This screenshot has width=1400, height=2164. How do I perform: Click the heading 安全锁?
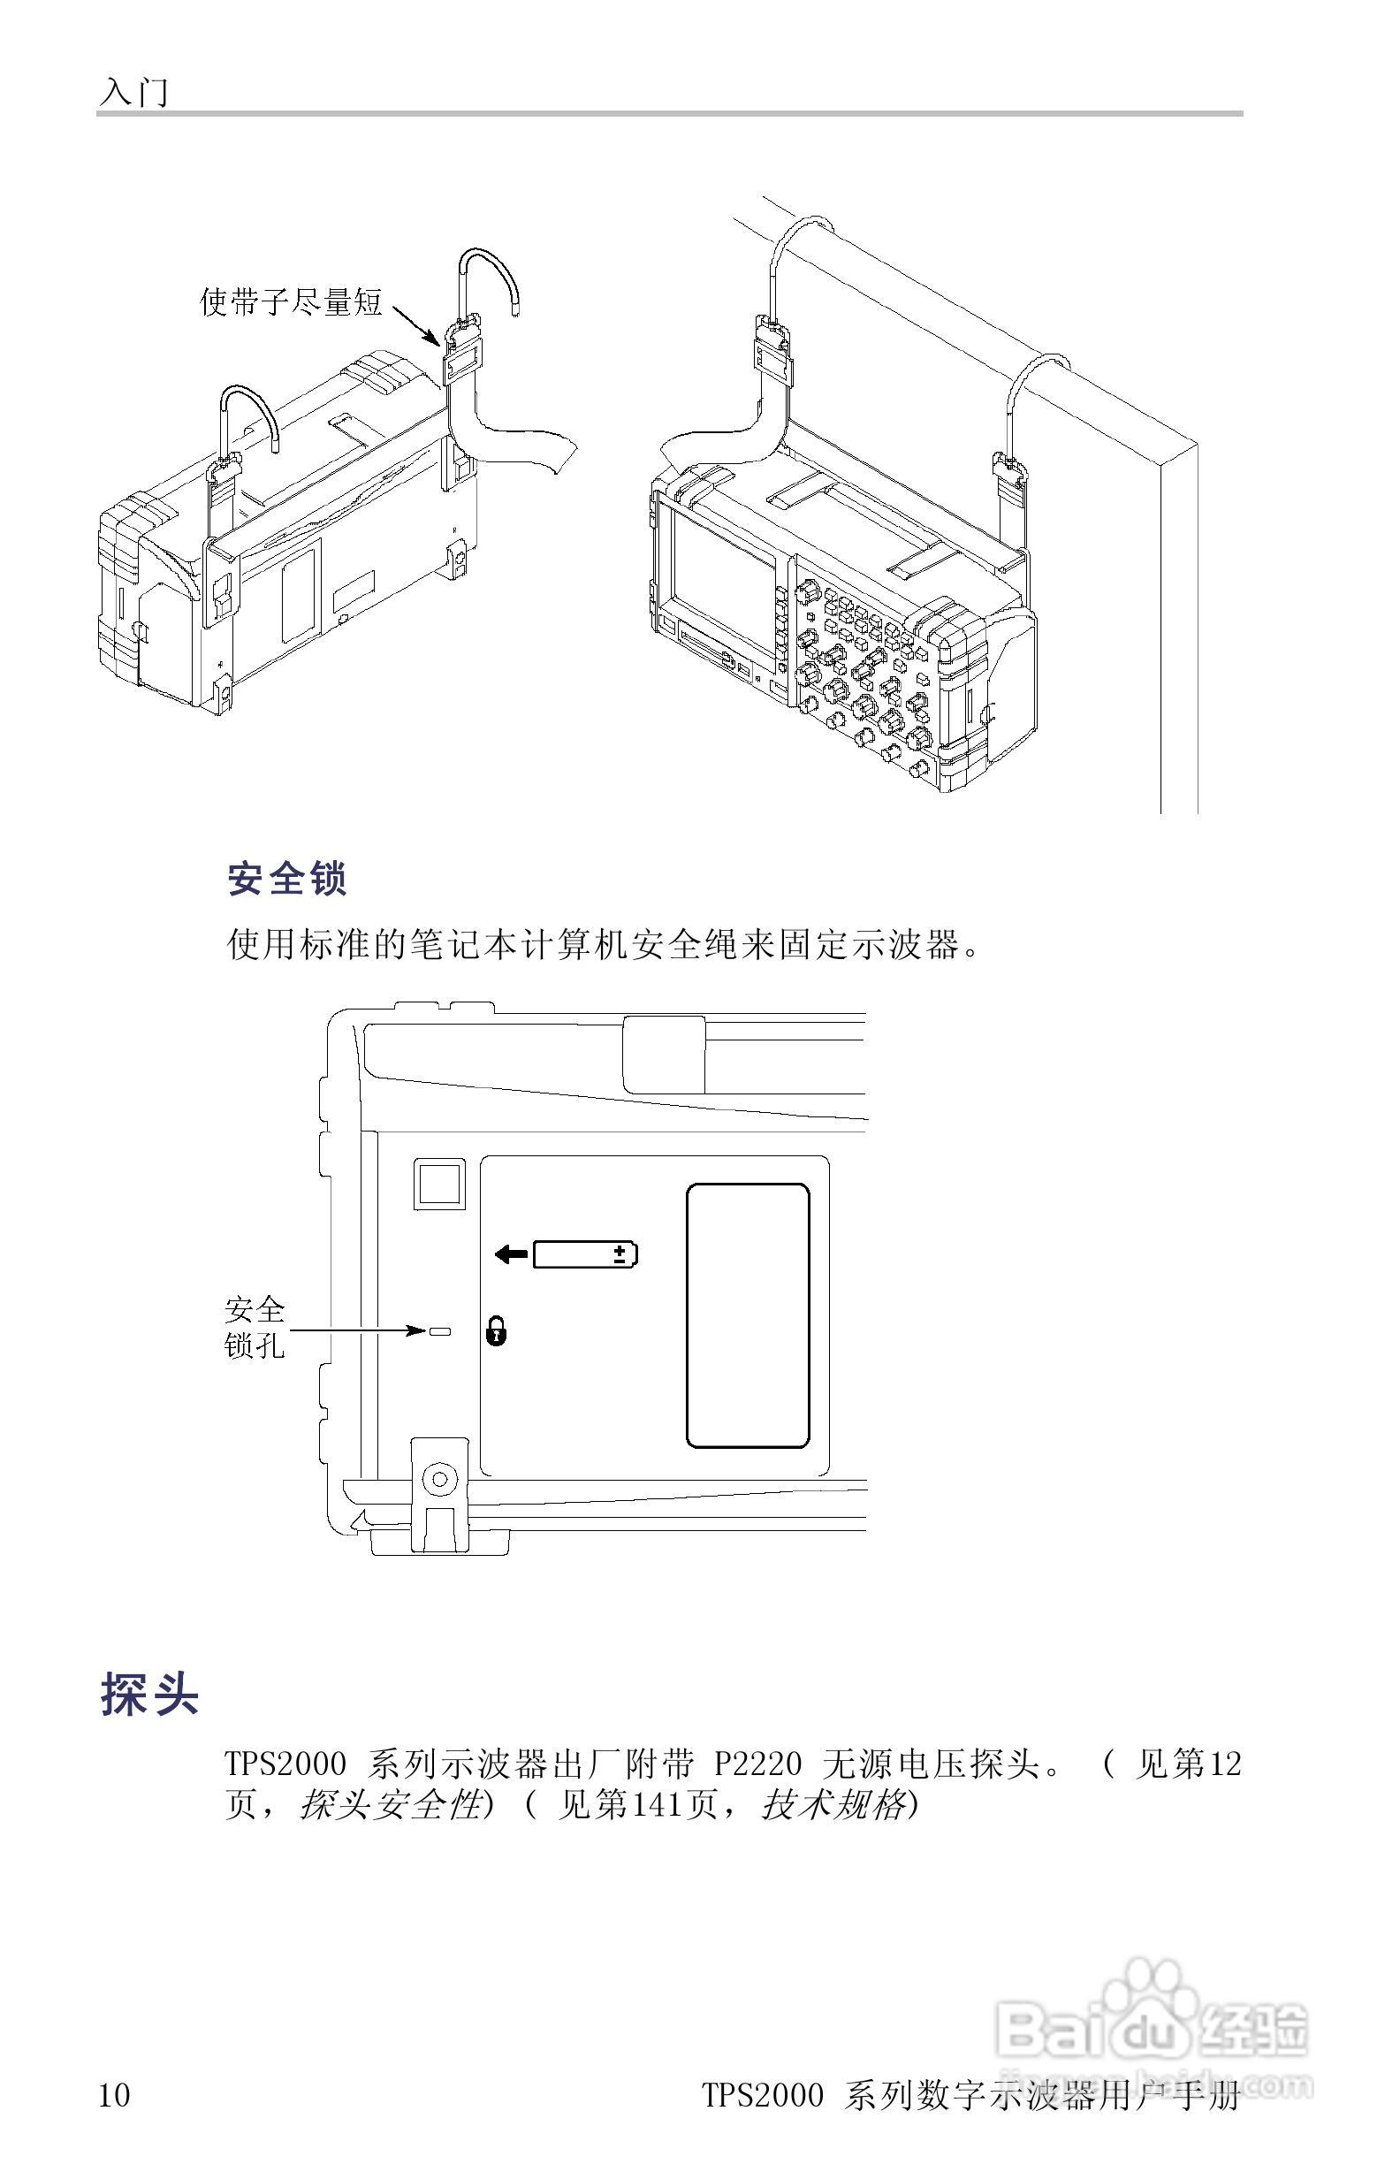coord(286,879)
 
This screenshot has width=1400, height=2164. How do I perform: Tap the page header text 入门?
coord(134,92)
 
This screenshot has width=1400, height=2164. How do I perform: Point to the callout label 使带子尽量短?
coord(291,301)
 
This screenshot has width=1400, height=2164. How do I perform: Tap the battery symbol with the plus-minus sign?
coord(584,1254)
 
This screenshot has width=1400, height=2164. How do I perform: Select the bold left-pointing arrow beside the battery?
coord(511,1254)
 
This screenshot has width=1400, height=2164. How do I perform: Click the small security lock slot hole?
coord(440,1331)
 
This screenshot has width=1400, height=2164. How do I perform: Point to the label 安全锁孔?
coord(255,1328)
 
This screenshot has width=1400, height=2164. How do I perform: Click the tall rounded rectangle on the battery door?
coord(747,1315)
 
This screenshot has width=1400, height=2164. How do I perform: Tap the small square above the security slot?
coord(440,1183)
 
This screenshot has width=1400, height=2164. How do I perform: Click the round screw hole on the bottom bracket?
coord(440,1479)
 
